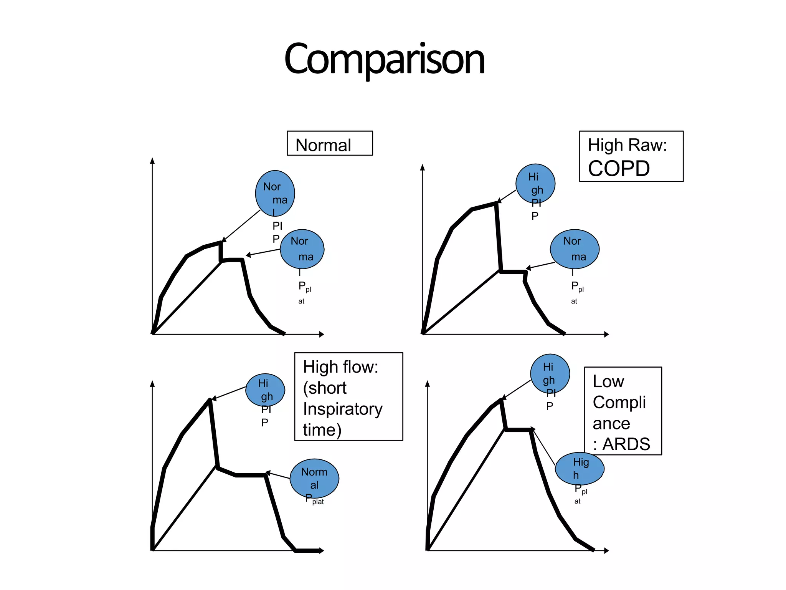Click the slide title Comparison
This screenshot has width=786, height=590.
coord(385,60)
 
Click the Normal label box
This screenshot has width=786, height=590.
coord(329,143)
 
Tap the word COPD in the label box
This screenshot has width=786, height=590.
coord(619,169)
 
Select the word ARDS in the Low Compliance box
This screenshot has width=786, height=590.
coord(626,444)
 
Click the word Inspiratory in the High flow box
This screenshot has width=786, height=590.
coord(343,409)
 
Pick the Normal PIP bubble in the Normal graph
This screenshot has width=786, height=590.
coord(275,193)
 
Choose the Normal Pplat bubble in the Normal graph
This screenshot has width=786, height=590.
coord(302,249)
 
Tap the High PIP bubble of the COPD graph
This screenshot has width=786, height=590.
coord(535,184)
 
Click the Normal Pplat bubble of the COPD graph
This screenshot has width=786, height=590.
coord(575,249)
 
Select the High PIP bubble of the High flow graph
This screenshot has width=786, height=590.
coord(265,390)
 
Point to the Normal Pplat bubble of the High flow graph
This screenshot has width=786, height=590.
coord(314,478)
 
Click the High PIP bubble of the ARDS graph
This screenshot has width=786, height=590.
coord(550,373)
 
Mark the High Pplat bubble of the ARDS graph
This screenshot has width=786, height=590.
coord(580,469)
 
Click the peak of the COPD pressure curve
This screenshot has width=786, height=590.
coord(497,203)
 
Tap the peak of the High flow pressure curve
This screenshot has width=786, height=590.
coord(210,400)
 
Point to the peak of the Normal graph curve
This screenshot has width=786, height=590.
coord(221,242)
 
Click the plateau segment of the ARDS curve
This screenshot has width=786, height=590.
coord(518,430)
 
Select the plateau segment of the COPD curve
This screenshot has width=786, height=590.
coord(513,272)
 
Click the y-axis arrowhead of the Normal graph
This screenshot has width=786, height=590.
coord(152,161)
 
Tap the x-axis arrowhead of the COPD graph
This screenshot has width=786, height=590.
coord(606,334)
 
